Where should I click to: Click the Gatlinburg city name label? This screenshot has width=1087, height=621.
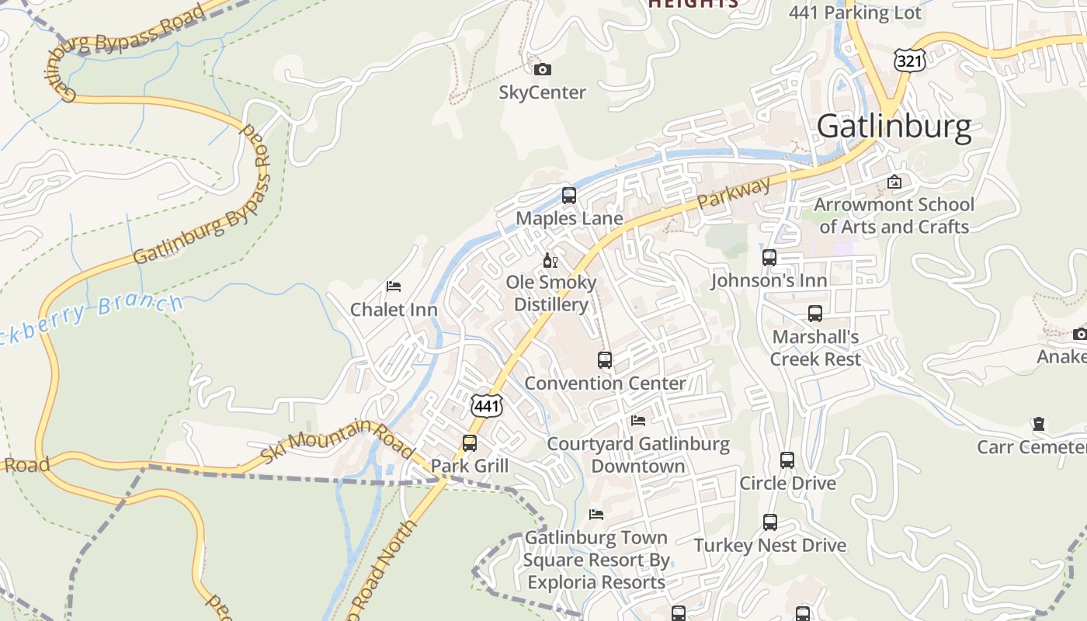coord(894,126)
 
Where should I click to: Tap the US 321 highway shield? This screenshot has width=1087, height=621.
coord(908,60)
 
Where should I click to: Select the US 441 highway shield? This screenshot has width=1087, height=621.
coord(487,405)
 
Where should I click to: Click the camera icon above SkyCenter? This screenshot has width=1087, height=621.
coord(543,70)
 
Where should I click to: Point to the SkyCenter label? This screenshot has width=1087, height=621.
coord(542,92)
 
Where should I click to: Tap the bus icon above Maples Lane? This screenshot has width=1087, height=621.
coord(569,196)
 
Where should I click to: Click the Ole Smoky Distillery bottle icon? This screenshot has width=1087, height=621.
coord(550,260)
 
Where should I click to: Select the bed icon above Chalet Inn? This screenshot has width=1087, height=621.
coord(394,286)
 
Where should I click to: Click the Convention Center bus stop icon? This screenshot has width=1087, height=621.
coord(605,360)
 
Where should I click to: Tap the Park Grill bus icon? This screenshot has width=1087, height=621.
coord(470,443)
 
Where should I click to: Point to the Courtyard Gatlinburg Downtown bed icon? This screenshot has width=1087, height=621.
coord(638,421)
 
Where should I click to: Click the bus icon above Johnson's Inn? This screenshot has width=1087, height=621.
coord(769,258)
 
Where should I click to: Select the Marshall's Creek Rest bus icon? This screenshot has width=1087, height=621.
coord(815,314)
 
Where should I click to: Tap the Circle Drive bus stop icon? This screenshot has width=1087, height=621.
coord(787,460)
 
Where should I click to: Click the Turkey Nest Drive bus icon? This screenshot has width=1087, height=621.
coord(769,522)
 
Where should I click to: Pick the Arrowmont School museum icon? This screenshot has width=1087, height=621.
coord(894,182)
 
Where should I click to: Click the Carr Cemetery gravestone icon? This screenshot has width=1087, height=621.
coord(1039,425)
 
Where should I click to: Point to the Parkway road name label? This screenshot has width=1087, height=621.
coord(734,193)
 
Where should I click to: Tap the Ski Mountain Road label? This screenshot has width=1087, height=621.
coord(337,443)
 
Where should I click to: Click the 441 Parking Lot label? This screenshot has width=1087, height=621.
coord(855,12)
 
